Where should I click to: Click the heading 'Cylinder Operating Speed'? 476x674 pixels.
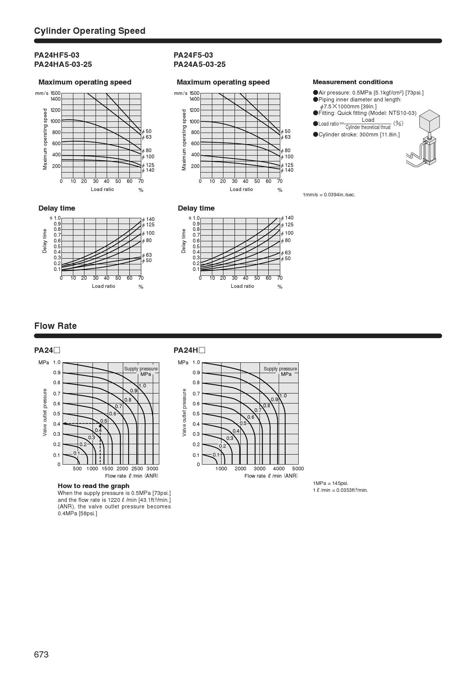89,31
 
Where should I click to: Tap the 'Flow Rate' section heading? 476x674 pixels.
55,326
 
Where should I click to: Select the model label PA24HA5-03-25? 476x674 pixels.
63,64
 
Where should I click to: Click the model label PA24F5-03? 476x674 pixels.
193,55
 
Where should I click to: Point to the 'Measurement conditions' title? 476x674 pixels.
352,82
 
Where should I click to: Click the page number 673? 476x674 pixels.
41,654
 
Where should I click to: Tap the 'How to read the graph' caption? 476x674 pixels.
93,486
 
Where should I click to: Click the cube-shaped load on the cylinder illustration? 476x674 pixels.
429,120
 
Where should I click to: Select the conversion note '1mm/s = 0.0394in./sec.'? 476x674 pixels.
329,195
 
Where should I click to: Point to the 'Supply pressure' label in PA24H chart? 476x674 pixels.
280,369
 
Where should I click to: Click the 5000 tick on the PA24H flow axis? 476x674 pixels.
298,468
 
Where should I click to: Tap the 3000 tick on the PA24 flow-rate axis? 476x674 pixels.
152,468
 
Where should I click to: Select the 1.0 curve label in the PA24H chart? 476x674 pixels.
283,396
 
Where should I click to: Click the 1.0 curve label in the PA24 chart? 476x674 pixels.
142,386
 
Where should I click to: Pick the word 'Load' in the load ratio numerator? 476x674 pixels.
368,120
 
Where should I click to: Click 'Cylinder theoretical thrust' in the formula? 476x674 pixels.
368,127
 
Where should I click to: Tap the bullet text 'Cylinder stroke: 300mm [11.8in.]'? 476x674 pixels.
359,134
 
